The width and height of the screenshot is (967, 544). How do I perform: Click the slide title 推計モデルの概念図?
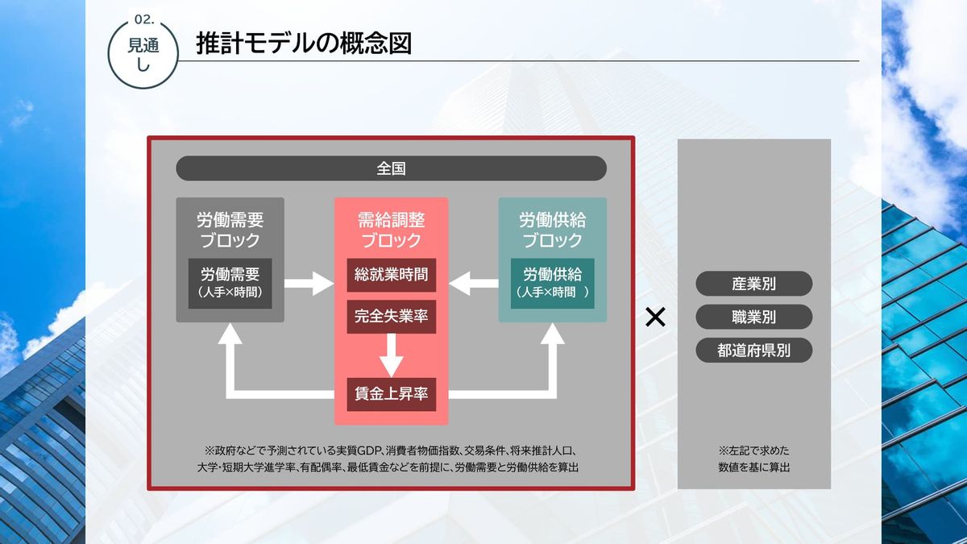[304, 44]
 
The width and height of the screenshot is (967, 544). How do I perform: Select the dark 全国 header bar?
[391, 168]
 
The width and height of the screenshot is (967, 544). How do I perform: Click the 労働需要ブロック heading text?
[230, 230]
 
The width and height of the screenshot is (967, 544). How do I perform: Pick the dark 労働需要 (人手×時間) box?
[230, 283]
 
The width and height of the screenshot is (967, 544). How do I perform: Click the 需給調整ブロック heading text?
[391, 230]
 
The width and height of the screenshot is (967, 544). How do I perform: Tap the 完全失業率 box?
[391, 316]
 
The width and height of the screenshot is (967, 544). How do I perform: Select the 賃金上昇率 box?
[391, 394]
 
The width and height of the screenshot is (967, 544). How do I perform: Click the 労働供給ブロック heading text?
[552, 230]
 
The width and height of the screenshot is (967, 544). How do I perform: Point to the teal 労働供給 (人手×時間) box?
[552, 283]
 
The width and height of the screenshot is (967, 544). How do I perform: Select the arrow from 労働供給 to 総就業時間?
[474, 283]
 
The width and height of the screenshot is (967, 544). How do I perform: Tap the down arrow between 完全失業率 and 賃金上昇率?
[391, 355]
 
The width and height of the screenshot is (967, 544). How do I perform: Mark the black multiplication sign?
[655, 318]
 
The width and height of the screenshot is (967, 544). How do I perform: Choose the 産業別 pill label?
[753, 284]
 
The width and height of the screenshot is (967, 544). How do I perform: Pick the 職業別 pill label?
[753, 317]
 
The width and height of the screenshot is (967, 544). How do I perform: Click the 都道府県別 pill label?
[753, 351]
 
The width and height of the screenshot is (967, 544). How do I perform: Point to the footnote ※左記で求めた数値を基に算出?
[753, 459]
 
